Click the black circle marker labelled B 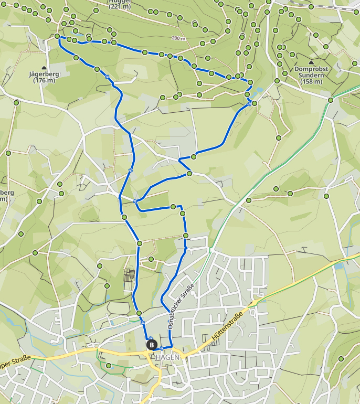coord(152,345)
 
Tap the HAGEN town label coord(168,357)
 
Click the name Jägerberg coord(44,74)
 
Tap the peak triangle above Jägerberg coord(44,68)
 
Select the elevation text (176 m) coord(44,80)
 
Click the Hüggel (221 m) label coord(119,2)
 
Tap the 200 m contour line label coord(178,39)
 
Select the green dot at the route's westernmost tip coord(57,36)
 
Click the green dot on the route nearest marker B coord(139,313)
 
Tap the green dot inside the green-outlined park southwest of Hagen coord(109,365)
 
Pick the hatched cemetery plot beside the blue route coord(129,279)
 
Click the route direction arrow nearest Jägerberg coord(108,77)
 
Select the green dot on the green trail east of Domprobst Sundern coord(331,100)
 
